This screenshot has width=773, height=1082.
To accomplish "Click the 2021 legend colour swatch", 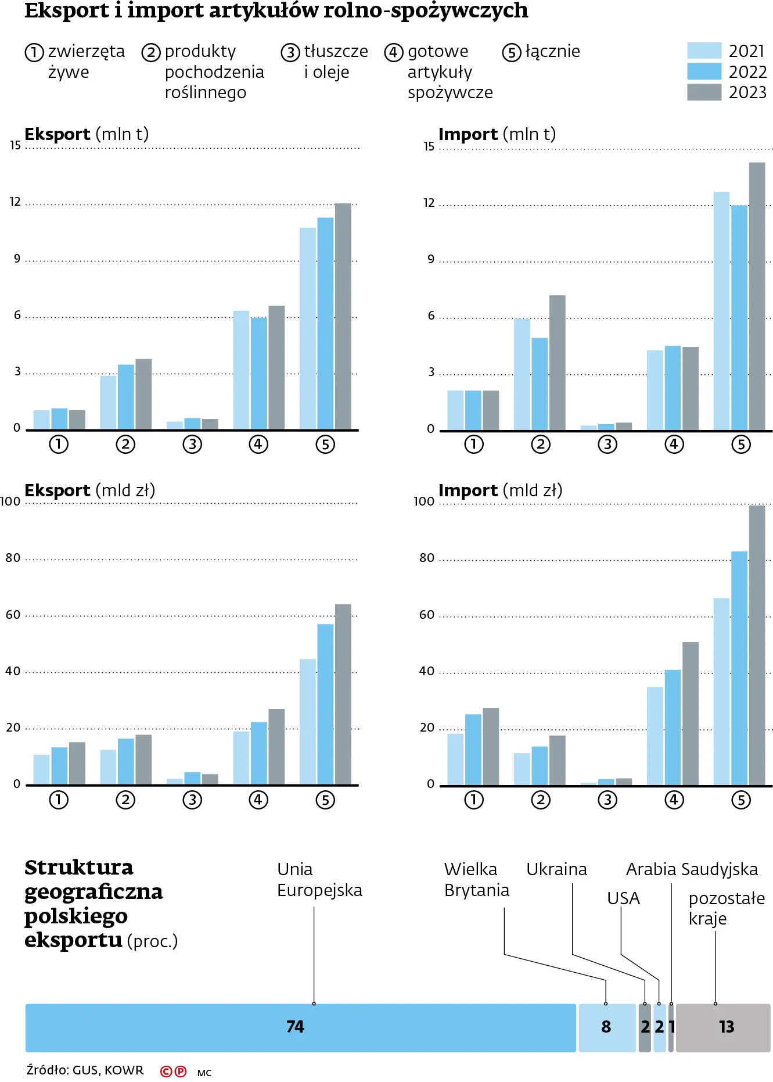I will (704, 51).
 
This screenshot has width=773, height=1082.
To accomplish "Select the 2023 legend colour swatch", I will (704, 92).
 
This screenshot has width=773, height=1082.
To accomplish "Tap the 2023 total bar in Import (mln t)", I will (757, 296).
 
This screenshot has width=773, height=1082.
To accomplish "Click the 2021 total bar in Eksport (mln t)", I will (308, 328).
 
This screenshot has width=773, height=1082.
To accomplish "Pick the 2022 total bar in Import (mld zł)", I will (739, 668).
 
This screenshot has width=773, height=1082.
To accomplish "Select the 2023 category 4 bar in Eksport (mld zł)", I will (276, 747).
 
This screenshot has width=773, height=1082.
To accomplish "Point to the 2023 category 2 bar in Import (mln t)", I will (558, 363).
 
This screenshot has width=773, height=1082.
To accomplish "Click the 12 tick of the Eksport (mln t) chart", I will (15, 202).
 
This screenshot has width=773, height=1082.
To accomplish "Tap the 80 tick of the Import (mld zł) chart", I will (427, 558).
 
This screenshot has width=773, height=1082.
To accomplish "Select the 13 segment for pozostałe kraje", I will (724, 1027).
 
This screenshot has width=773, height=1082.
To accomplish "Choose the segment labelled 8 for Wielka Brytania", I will (607, 1027).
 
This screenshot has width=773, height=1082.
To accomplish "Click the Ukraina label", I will (556, 869).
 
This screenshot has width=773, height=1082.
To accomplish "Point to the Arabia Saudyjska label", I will (692, 869).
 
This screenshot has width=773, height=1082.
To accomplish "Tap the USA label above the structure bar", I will (623, 898).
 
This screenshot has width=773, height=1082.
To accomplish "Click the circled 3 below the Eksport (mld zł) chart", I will (192, 800).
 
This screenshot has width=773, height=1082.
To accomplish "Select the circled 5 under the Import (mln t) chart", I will (741, 445).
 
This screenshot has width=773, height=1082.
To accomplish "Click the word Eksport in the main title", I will (67, 10).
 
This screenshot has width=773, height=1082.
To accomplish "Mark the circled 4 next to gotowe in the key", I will (393, 52).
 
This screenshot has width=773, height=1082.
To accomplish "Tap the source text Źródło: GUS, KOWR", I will (85, 1070).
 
